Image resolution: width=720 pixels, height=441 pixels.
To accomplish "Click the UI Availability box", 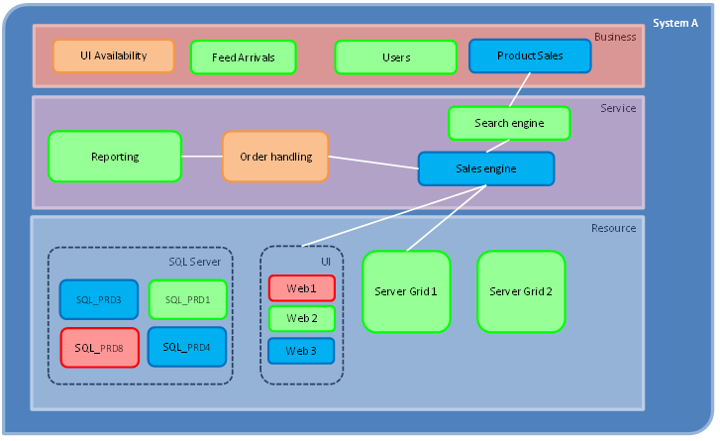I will click(x=113, y=55).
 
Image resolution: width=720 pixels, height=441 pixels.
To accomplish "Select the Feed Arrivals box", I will click(x=243, y=57).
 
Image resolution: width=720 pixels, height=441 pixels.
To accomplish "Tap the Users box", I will click(x=395, y=57).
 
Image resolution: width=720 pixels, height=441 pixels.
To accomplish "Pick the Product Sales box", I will click(x=530, y=55).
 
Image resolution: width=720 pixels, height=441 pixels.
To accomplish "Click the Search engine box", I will click(x=509, y=123).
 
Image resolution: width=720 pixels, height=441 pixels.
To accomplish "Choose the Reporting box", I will click(x=115, y=157).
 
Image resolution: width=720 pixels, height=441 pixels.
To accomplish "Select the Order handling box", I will click(x=275, y=157).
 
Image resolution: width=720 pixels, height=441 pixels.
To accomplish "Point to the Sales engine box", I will click(x=485, y=168).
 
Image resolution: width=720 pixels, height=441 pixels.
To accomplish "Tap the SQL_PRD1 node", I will click(x=187, y=299).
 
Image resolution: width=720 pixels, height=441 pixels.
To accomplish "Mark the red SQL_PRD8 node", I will click(x=99, y=348).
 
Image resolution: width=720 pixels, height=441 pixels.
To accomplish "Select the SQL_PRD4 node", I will click(x=187, y=347).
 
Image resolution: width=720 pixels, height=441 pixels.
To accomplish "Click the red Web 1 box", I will click(x=301, y=288).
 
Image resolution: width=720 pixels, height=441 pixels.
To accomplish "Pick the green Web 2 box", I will click(x=301, y=319).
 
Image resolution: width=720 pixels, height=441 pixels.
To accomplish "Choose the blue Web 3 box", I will click(x=301, y=351).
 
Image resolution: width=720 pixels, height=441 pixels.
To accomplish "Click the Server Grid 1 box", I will click(x=406, y=291).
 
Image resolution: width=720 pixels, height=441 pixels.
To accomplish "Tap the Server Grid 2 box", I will click(x=521, y=291).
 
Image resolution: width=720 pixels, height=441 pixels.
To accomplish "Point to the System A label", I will click(x=676, y=23).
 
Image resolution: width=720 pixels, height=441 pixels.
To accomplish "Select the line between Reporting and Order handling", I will click(x=202, y=156).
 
